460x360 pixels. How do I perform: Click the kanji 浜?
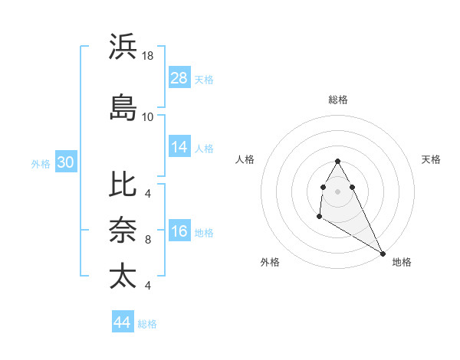(x=123, y=47)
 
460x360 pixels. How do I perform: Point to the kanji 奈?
(x=123, y=230)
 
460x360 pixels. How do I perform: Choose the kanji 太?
(x=123, y=275)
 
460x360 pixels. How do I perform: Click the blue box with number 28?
(x=179, y=78)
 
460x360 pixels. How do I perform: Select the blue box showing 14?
(x=179, y=147)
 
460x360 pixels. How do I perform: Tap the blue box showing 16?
(x=179, y=231)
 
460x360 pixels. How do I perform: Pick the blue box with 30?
(x=65, y=162)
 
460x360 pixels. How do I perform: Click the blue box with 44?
(x=123, y=322)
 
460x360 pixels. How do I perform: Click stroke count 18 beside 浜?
(x=148, y=56)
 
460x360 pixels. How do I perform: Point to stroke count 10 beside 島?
(x=148, y=116)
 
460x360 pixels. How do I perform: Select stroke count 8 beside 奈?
(x=148, y=240)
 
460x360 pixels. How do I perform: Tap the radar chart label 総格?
(x=337, y=100)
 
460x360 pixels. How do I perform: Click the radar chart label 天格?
(x=431, y=159)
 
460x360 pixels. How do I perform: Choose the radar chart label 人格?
(x=245, y=159)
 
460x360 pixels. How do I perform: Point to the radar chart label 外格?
(x=270, y=262)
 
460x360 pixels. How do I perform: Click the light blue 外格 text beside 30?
(x=41, y=163)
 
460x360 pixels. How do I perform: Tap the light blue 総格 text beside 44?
(x=147, y=324)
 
